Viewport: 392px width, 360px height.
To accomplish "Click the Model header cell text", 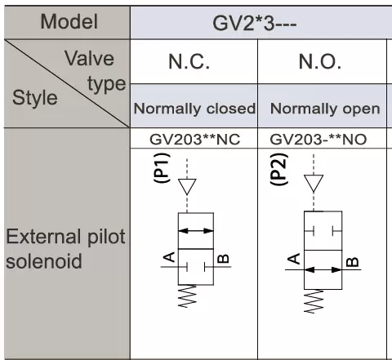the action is pyautogui.click(x=69, y=22).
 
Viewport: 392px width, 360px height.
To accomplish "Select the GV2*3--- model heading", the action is pyautogui.click(x=255, y=24).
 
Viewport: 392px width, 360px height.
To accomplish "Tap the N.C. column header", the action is pyautogui.click(x=189, y=61).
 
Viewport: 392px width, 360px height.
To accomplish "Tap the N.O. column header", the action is pyautogui.click(x=320, y=61).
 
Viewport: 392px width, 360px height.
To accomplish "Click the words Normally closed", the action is pyautogui.click(x=194, y=109).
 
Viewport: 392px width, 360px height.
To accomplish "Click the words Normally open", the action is pyautogui.click(x=325, y=109).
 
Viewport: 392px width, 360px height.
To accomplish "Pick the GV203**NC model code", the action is pyautogui.click(x=195, y=140).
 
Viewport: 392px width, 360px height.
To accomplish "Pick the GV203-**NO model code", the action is pyautogui.click(x=318, y=140).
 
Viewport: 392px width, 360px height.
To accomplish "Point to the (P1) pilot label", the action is pyautogui.click(x=162, y=167).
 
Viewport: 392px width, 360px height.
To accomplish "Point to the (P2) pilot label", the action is pyautogui.click(x=278, y=169).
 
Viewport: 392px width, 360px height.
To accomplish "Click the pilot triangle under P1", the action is pyautogui.click(x=187, y=187).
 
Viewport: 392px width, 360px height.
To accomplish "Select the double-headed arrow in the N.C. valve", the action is pyautogui.click(x=196, y=231).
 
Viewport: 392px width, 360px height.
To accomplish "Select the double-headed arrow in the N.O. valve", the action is pyautogui.click(x=323, y=269).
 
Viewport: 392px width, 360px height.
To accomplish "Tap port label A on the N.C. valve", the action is pyautogui.click(x=169, y=257).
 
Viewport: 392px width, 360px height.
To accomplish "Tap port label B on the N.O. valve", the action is pyautogui.click(x=352, y=262).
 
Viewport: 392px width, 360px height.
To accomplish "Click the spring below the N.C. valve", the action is pyautogui.click(x=187, y=296).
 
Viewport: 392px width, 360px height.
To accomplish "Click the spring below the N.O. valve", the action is pyautogui.click(x=314, y=301).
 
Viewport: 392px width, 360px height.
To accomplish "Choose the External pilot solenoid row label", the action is pyautogui.click(x=65, y=249).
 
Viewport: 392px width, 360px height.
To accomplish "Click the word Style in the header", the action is pyautogui.click(x=35, y=97).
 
